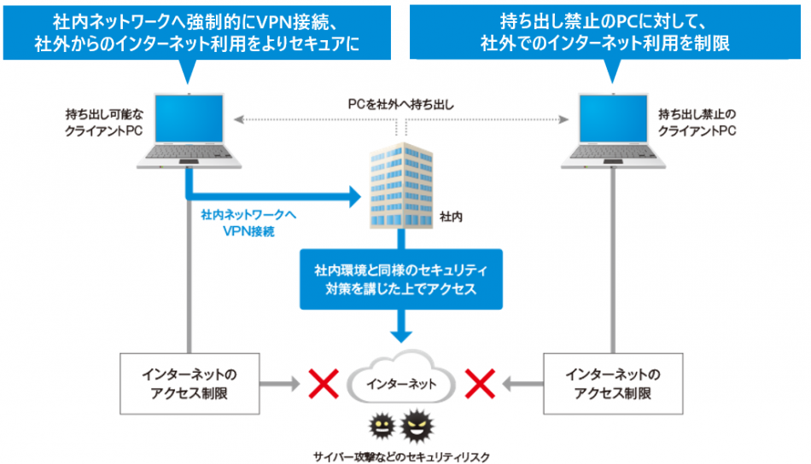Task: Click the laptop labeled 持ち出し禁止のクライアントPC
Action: coord(614,127)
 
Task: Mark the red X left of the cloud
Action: coord(324,383)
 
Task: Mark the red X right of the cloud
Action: coord(480,383)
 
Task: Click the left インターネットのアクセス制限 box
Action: coord(190,384)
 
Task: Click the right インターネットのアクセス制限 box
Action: coord(614,384)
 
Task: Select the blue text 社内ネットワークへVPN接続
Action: coord(242,223)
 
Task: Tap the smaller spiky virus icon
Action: coord(381,426)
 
